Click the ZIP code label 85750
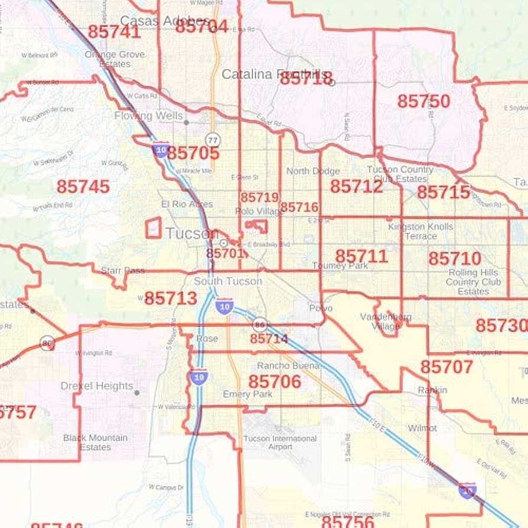pos(423,102)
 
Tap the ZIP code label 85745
pos(83,187)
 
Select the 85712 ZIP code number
pos(356,187)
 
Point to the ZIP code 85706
pos(275,382)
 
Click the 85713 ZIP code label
pos(171,298)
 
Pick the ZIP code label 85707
pos(446,367)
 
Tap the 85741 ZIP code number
pos(114,32)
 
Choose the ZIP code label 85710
pos(455,259)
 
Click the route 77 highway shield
pos(213,140)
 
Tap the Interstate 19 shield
pos(198,377)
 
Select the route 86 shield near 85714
pos(260,324)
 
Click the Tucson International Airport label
pos(280,442)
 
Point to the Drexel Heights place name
pos(97,386)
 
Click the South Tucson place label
pos(228,281)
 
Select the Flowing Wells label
pos(148,116)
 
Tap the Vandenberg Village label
pos(386,321)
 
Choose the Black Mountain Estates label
pos(95,442)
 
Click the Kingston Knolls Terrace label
pos(421,231)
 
